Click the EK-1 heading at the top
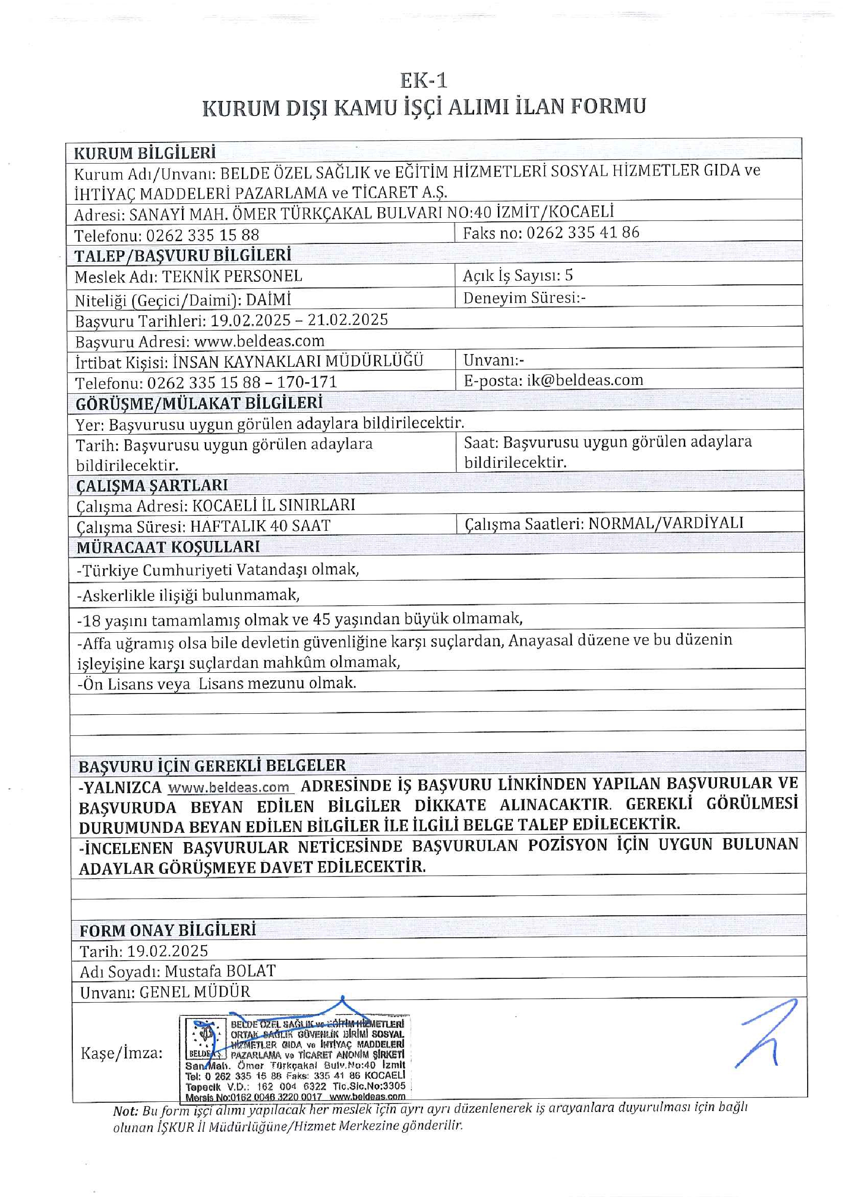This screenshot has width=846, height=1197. [x=423, y=81]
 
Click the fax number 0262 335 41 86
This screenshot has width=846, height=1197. [x=583, y=232]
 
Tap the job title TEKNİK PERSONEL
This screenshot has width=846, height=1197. [x=232, y=276]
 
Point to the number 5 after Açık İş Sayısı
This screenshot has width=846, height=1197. [x=568, y=275]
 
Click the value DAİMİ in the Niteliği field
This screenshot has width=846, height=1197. [x=268, y=300]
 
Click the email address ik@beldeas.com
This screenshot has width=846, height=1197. [x=585, y=380]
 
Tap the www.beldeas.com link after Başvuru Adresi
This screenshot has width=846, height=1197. [x=259, y=342]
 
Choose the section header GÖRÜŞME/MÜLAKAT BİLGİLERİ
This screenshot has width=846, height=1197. [x=199, y=403]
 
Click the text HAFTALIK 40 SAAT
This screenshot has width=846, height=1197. [x=260, y=526]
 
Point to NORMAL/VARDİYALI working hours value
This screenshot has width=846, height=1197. [x=665, y=523]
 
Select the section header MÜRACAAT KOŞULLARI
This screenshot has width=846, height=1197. [x=168, y=548]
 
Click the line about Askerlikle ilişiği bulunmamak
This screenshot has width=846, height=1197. [x=188, y=595]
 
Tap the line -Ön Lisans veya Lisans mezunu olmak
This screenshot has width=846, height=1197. [x=217, y=683]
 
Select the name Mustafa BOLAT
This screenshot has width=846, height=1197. [x=220, y=971]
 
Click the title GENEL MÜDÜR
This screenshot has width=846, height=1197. [x=194, y=992]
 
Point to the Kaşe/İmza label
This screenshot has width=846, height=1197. [x=121, y=1053]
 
